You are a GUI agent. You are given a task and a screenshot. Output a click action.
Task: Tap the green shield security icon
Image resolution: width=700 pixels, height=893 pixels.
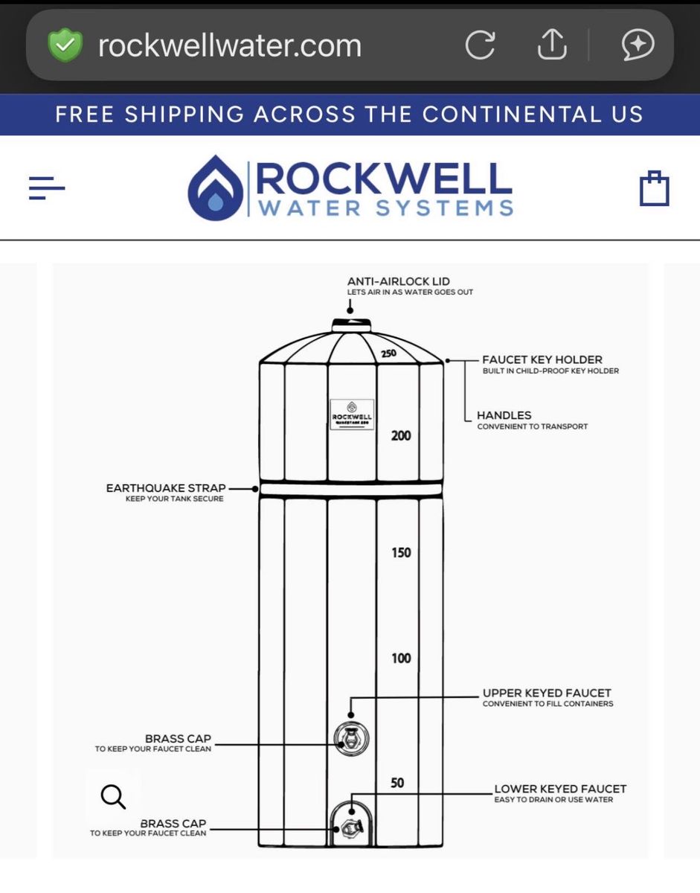[65, 46]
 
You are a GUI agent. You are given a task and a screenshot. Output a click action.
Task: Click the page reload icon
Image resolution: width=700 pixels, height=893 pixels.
[480, 46]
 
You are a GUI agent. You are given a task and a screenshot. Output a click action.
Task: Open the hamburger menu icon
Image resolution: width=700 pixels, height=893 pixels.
[47, 188]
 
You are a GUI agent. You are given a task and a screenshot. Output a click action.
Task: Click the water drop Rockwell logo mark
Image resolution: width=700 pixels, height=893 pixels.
[215, 188]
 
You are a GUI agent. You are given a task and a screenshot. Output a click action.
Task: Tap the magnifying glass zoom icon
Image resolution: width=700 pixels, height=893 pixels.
[113, 796]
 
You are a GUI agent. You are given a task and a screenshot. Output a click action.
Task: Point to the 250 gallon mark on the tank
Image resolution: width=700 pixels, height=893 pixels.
[388, 353]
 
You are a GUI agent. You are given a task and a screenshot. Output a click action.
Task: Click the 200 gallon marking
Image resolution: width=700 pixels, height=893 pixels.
[401, 435]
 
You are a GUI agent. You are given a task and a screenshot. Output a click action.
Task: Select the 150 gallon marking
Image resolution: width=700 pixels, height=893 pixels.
[401, 552]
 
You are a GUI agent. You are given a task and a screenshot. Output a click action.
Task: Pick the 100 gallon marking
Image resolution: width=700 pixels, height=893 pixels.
[401, 658]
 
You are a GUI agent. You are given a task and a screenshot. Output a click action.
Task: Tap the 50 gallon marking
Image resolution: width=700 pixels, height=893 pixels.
[397, 783]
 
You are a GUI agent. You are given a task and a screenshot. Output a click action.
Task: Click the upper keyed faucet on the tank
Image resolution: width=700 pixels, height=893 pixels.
[351, 738]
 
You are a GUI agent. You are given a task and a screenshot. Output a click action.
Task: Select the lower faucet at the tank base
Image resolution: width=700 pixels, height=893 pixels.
[351, 826]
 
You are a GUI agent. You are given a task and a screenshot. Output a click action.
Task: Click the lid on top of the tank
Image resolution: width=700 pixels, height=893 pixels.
[351, 324]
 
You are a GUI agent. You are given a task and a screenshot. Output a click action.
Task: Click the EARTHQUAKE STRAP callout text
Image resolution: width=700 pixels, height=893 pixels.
[166, 488]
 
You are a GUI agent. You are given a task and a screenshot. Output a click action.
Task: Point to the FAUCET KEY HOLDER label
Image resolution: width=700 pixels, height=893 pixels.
[542, 359]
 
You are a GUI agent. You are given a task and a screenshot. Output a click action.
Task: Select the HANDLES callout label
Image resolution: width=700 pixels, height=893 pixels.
[504, 415]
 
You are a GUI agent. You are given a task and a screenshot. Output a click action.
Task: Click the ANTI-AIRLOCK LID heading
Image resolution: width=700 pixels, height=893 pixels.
[399, 281]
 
